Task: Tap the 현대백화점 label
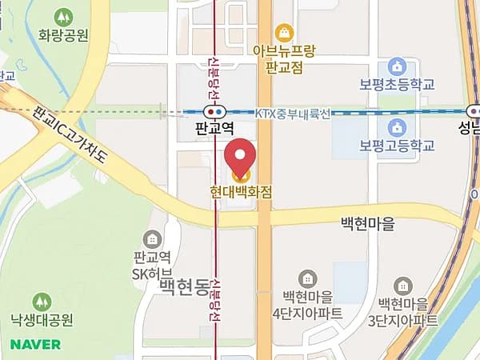(241, 193)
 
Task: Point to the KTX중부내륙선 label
(292, 114)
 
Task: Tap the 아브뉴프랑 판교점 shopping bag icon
(283, 32)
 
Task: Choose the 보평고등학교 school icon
(396, 126)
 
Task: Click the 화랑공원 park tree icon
(62, 17)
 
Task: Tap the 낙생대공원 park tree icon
(42, 302)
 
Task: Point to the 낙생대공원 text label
(42, 321)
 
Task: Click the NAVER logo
(35, 345)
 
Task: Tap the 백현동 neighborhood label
(183, 286)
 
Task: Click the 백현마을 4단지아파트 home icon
(307, 278)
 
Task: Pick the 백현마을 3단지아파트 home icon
(404, 286)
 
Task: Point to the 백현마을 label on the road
(367, 224)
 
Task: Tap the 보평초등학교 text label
(396, 84)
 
